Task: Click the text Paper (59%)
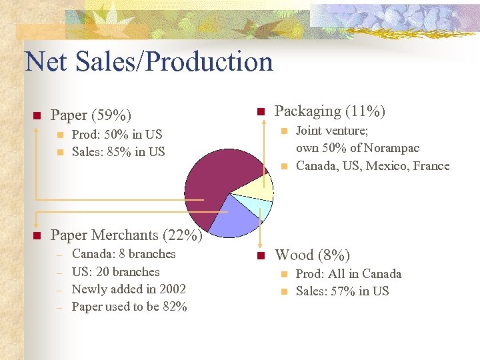(91, 115)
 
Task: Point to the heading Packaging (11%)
(330, 111)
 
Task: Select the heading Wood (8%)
(312, 255)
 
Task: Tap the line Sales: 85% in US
(118, 152)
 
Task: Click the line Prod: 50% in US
(117, 135)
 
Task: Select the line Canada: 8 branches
(123, 254)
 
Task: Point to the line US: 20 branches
(115, 272)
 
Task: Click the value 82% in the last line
(175, 307)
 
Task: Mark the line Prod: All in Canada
(349, 274)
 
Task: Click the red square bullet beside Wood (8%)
(261, 255)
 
